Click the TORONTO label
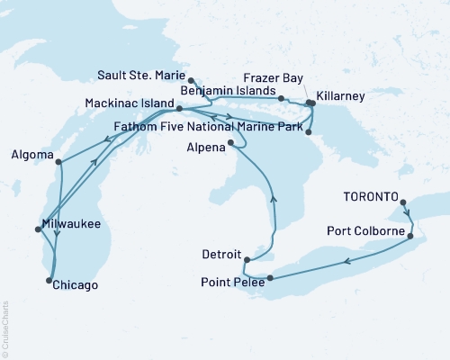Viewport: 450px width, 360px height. pyautogui.click(x=368, y=193)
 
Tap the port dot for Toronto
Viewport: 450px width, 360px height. pyautogui.click(x=402, y=202)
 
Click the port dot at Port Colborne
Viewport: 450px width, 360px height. pyautogui.click(x=411, y=237)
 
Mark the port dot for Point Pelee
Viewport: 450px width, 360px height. pyautogui.click(x=269, y=277)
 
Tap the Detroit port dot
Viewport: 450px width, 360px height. pyautogui.click(x=247, y=260)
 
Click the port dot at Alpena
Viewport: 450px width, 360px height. pyautogui.click(x=231, y=142)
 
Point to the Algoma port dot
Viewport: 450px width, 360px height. pyautogui.click(x=58, y=162)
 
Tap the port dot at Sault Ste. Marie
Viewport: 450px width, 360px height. pyautogui.click(x=191, y=81)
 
